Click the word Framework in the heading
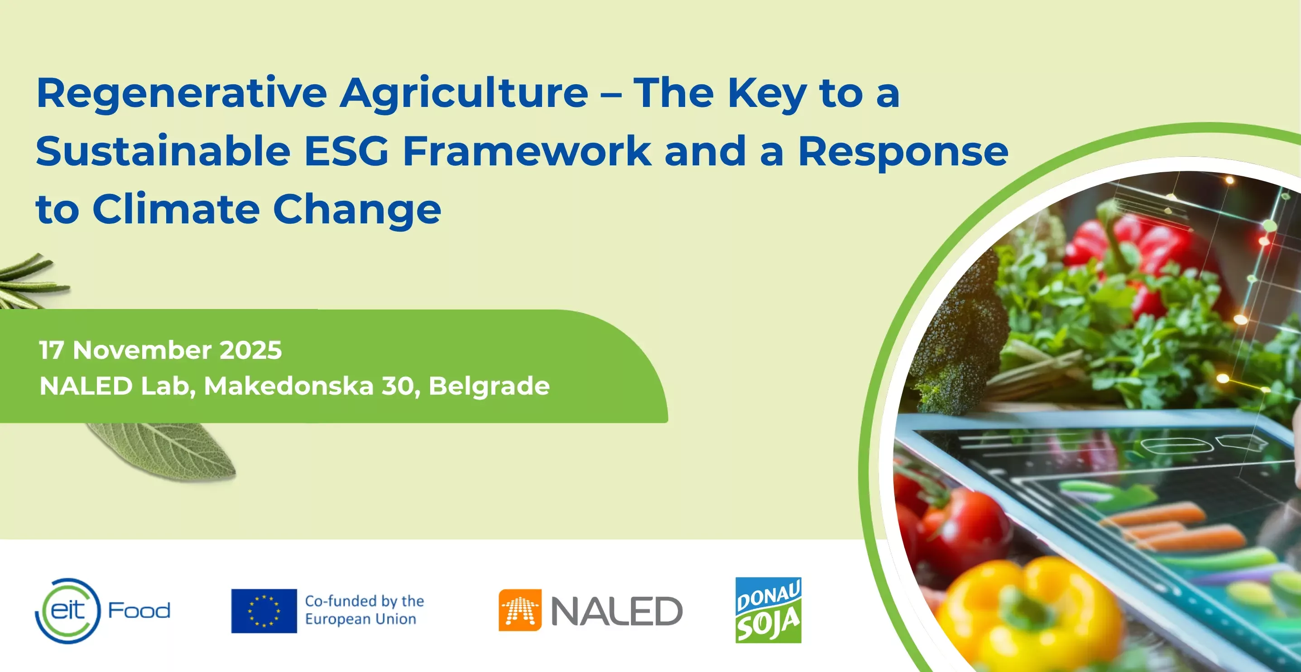pos(527,152)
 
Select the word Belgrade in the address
pos(489,387)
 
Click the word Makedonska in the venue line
pos(288,387)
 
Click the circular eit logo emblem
pos(68,611)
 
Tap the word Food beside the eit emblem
pos(139,610)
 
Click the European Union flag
pos(264,611)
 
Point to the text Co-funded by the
pos(365,601)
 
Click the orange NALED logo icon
pos(520,610)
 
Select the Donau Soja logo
pos(768,610)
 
